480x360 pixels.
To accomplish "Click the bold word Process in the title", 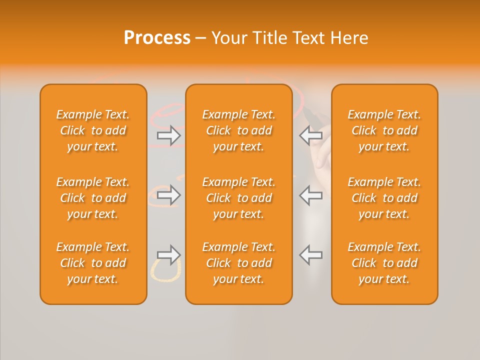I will pyautogui.click(x=157, y=38).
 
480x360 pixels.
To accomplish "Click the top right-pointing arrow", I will pyautogui.click(x=169, y=135).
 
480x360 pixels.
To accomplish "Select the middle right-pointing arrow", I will pyautogui.click(x=169, y=195).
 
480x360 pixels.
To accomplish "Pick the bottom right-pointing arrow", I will pyautogui.click(x=169, y=255).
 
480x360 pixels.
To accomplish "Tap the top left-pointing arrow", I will pyautogui.click(x=310, y=135).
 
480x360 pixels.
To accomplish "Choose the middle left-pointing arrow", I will pyautogui.click(x=310, y=195).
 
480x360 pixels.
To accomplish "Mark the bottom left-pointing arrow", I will pyautogui.click(x=310, y=255).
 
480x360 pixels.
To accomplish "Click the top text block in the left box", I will pyautogui.click(x=93, y=130).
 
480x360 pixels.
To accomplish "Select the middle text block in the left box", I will pyautogui.click(x=93, y=198).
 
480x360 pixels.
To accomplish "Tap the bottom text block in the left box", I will pyautogui.click(x=93, y=263).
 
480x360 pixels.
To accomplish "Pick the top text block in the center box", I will pyautogui.click(x=238, y=130).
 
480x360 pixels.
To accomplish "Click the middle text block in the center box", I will pyautogui.click(x=238, y=198).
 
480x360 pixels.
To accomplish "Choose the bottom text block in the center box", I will pyautogui.click(x=238, y=263).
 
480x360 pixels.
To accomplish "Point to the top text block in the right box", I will pyautogui.click(x=384, y=130).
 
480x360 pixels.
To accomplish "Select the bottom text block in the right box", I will pyautogui.click(x=384, y=263).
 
